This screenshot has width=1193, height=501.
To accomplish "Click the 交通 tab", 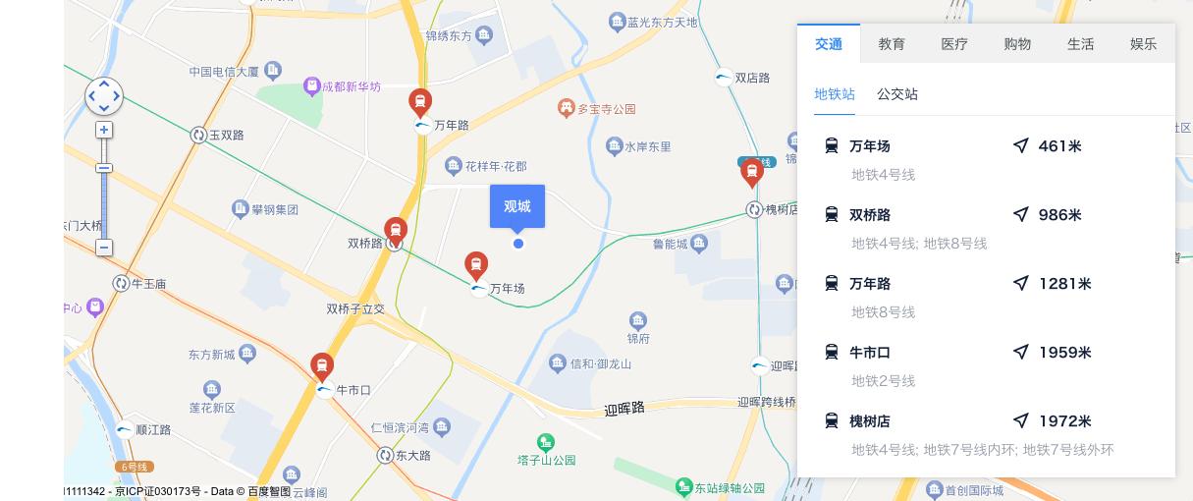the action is (x=829, y=44).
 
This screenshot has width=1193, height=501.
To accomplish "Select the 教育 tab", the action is (x=892, y=44).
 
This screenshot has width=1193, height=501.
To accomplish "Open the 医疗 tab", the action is (x=954, y=44).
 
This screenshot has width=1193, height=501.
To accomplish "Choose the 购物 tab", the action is (x=1017, y=44).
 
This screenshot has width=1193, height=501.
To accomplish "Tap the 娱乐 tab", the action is (x=1143, y=44).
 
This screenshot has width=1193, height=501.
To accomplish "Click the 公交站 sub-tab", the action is (x=897, y=94).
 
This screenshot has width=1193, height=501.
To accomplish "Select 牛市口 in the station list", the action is (x=870, y=352).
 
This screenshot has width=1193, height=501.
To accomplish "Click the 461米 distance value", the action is (x=1059, y=146).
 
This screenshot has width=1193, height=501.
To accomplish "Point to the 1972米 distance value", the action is (x=1064, y=421).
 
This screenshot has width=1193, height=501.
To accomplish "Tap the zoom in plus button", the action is (x=104, y=130).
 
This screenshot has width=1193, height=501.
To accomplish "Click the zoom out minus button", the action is (x=104, y=248).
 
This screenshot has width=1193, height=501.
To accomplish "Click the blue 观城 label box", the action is (x=517, y=206).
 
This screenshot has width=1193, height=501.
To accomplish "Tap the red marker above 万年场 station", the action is (x=476, y=265).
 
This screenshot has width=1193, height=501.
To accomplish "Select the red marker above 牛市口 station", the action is (x=322, y=366).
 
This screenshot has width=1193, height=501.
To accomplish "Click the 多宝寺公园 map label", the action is (x=606, y=109).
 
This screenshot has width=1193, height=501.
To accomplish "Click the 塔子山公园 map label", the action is (x=546, y=460).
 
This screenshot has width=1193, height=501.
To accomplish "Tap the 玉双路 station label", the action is (x=226, y=136).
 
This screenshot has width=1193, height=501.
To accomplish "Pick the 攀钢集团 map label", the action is (x=274, y=209).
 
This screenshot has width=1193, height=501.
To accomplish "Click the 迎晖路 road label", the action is (x=624, y=408).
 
